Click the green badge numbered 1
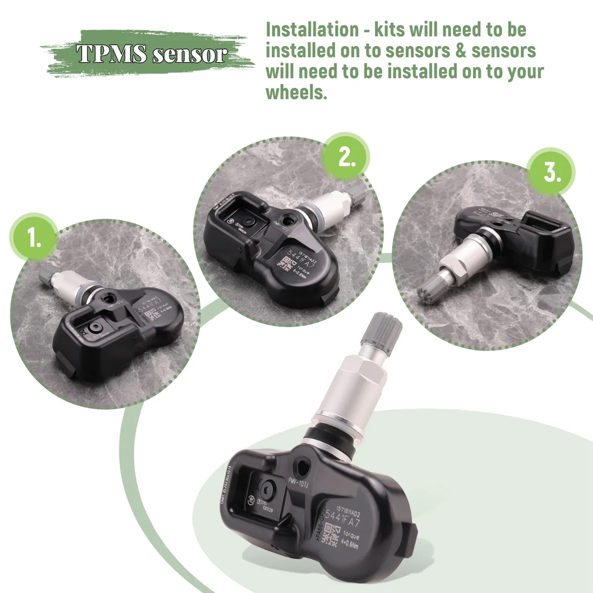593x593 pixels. point(35,238)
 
